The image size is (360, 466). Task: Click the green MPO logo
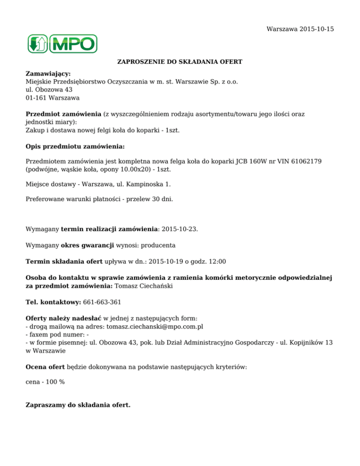click(x=62, y=44)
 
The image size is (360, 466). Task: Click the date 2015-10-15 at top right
click(x=317, y=29)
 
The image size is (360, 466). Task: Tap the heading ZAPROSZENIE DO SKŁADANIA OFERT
click(x=180, y=62)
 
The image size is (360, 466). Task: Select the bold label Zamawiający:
click(x=48, y=74)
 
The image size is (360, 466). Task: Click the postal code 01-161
click(x=36, y=98)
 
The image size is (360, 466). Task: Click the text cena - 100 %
click(x=45, y=382)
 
